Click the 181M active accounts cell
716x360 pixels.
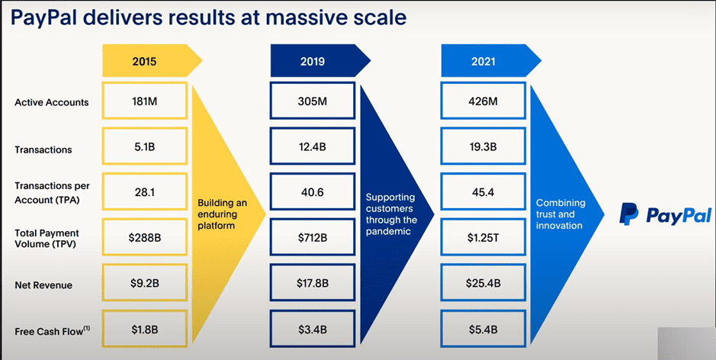coord(144,100)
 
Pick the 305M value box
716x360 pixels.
coord(312,100)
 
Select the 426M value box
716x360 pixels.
coord(483,100)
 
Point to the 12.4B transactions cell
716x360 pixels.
coord(312,146)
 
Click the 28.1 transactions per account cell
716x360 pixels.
coord(144,192)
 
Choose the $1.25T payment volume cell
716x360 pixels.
coord(483,238)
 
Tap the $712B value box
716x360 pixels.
coord(312,238)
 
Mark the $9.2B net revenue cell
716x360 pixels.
coord(144,284)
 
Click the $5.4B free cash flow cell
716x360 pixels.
coord(483,329)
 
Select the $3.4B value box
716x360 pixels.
coord(312,329)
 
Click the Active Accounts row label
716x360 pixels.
coord(52,103)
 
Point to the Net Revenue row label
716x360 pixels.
coord(43,285)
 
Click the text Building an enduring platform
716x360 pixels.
coord(222,214)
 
